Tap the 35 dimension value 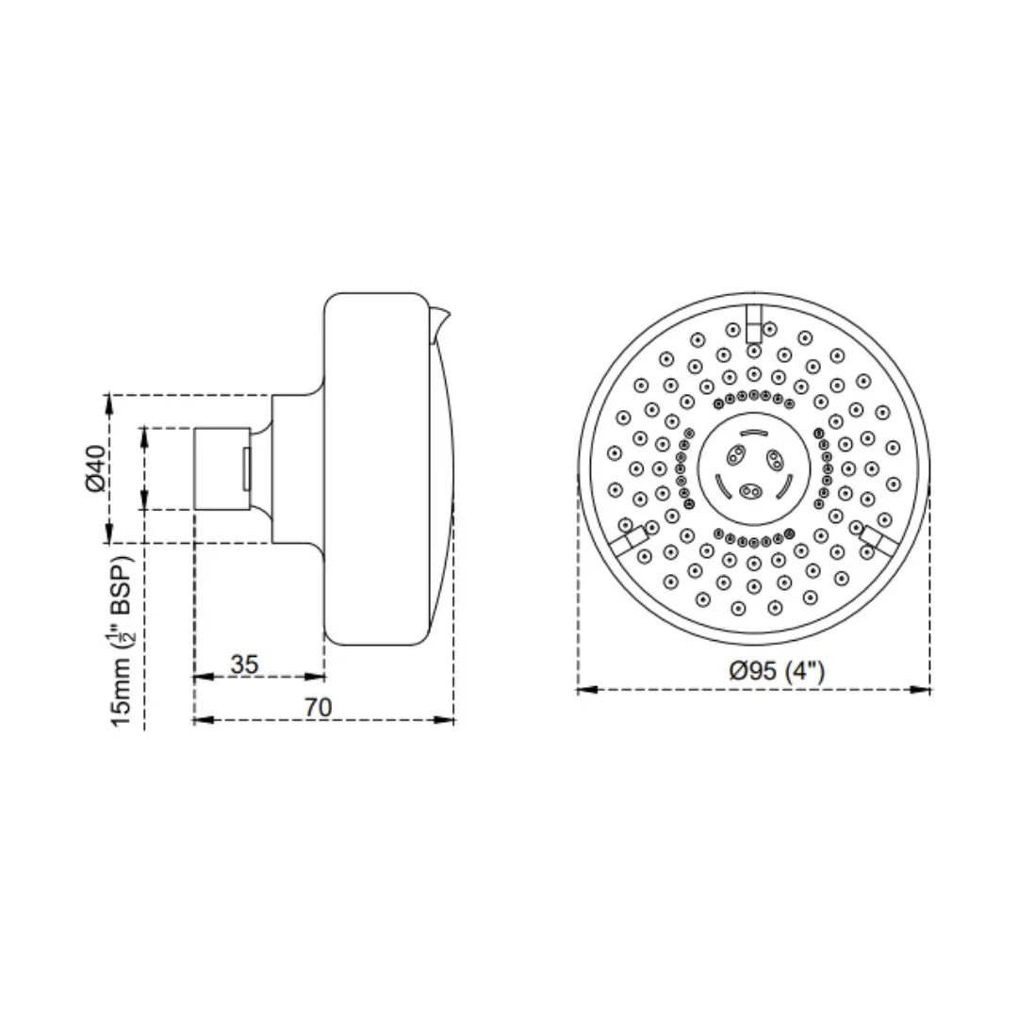[244, 664]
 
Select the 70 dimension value [319, 707]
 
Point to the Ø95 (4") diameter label [778, 671]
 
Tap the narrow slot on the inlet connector [247, 468]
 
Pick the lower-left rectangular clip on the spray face [626, 540]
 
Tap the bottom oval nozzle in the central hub [751, 490]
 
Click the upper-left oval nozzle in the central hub [734, 456]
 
